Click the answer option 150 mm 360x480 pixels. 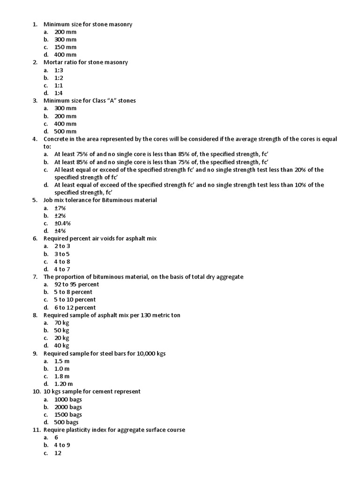click(65, 47)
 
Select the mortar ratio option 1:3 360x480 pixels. click(59, 70)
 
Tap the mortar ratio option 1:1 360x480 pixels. click(59, 85)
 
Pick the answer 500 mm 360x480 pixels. click(65, 131)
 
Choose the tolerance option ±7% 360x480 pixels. click(60, 208)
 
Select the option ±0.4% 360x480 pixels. click(62, 223)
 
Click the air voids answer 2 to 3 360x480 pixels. click(62, 246)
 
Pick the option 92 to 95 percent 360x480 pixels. click(77, 285)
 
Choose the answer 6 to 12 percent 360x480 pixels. click(75, 307)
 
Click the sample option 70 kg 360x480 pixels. click(62, 322)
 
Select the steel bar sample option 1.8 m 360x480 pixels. click(62, 376)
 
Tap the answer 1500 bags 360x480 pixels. click(68, 415)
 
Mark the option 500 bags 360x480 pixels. click(67, 422)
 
